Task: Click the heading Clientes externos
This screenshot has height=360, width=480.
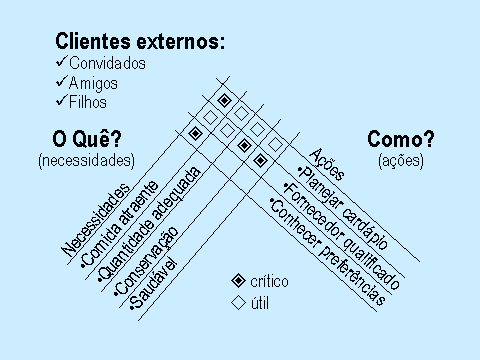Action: [x=140, y=42]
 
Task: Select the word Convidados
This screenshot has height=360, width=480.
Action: [x=107, y=63]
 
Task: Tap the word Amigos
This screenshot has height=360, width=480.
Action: [x=93, y=83]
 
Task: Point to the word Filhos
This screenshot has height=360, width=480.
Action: [x=88, y=102]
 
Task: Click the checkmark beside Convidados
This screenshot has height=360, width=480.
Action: [x=62, y=61]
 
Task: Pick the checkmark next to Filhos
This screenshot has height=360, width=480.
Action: [x=62, y=100]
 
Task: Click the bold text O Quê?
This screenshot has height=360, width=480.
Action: [x=87, y=138]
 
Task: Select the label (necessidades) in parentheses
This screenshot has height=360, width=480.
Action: [x=86, y=161]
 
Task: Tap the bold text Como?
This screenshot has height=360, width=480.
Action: [x=401, y=139]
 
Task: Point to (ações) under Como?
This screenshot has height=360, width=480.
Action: [x=401, y=161]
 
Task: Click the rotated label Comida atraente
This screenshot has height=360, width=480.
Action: [x=119, y=224]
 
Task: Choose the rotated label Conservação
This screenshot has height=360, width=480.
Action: [x=146, y=262]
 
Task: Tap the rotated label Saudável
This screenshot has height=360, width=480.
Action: [x=153, y=284]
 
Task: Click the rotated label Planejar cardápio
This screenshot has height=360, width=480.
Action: [x=343, y=208]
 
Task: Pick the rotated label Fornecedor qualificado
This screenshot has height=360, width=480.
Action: [x=341, y=236]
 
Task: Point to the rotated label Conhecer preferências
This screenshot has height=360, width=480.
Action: [x=328, y=252]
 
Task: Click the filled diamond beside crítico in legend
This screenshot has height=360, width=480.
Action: [x=238, y=281]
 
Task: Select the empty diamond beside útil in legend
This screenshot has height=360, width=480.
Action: [x=238, y=303]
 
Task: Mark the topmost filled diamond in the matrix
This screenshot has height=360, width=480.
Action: [x=224, y=100]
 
